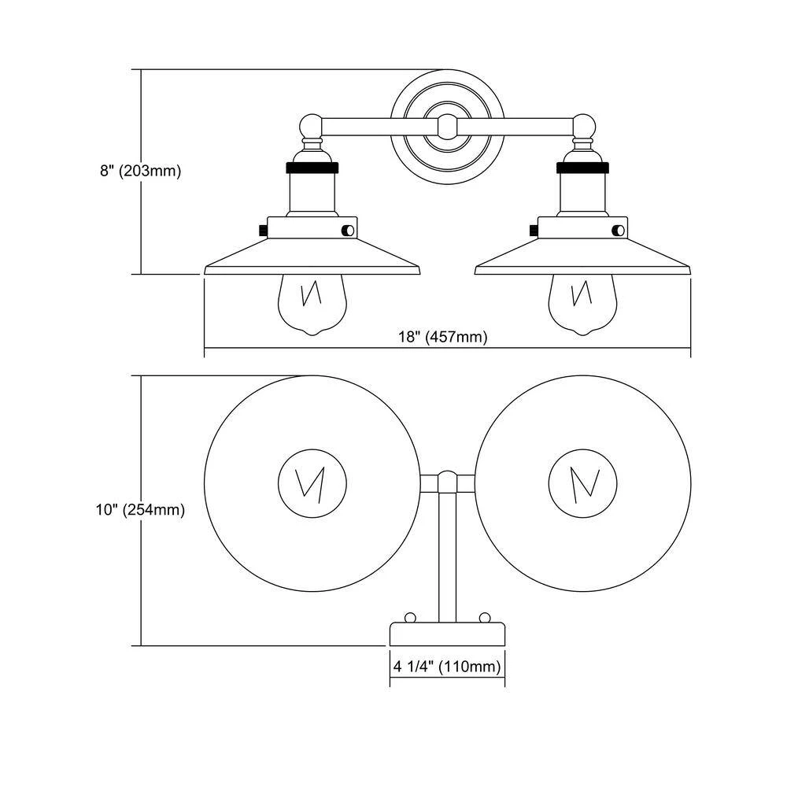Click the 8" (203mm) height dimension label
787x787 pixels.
click(141, 172)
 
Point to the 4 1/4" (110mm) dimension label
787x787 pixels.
click(447, 667)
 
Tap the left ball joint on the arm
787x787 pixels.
click(312, 127)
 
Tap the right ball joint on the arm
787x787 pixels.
click(583, 127)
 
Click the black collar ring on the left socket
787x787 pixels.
click(312, 168)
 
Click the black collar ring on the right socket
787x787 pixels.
click(583, 168)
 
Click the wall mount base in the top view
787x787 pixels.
click(447, 634)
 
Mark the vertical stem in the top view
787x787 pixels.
click(447, 551)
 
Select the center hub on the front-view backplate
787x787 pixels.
click(447, 126)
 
